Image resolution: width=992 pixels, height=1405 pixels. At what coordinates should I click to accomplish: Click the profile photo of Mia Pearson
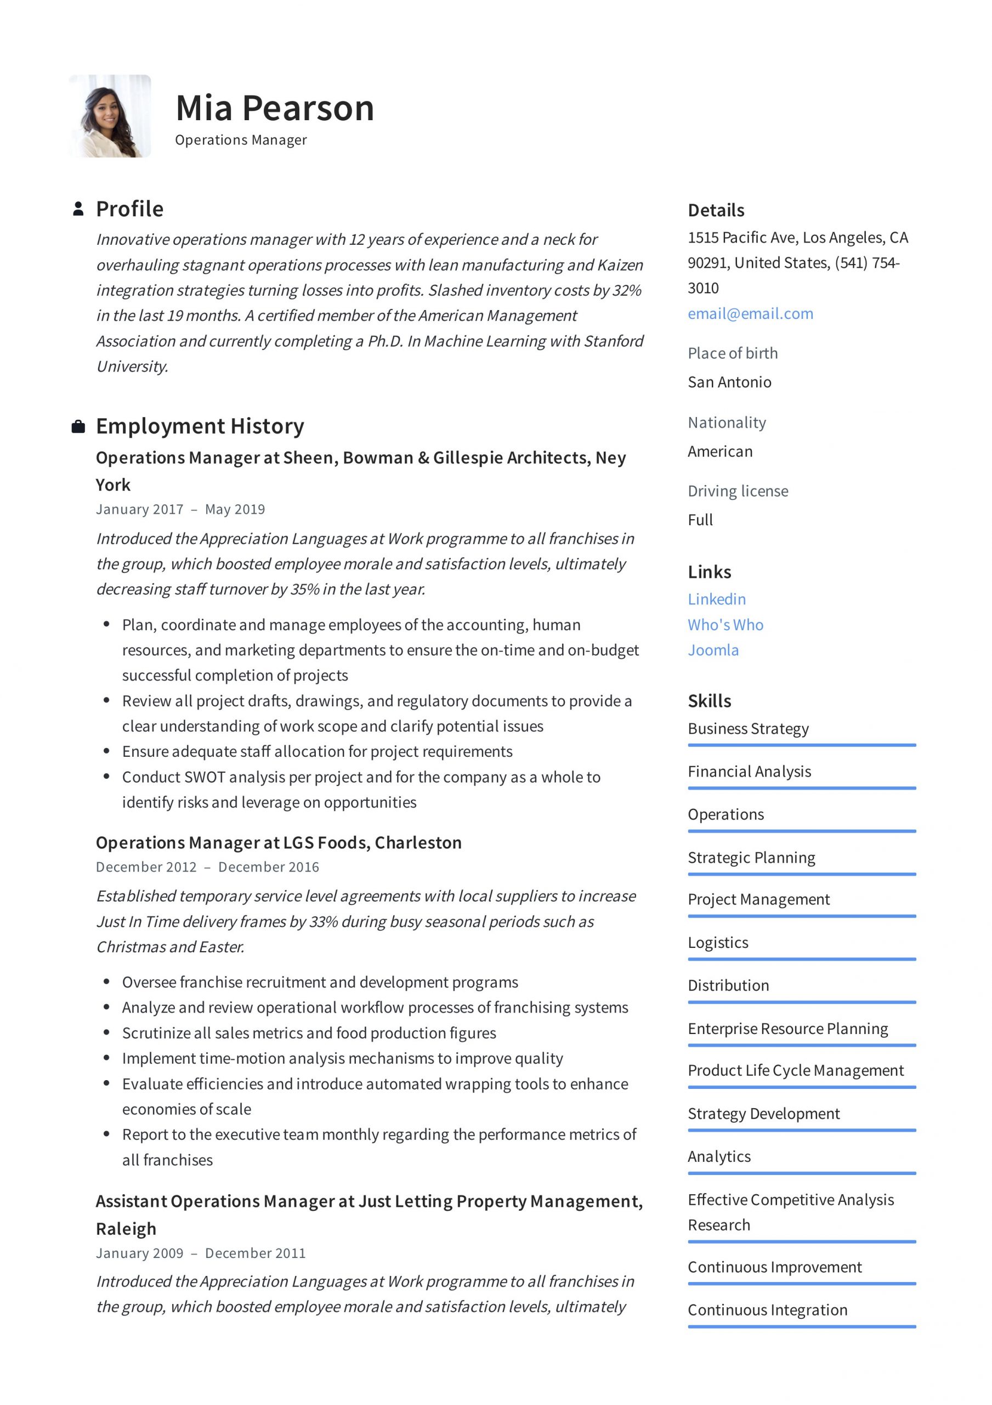(x=110, y=116)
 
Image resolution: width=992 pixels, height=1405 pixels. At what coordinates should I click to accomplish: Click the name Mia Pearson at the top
(x=275, y=108)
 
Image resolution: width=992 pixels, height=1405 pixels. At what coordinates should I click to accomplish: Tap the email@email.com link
(x=750, y=313)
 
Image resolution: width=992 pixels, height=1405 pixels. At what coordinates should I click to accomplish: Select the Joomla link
(x=712, y=650)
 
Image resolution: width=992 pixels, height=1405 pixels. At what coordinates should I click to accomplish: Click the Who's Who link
(x=725, y=624)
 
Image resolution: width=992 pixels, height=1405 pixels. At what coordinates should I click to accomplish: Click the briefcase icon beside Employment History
(x=78, y=426)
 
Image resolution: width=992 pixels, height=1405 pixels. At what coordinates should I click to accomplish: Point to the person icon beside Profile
(x=78, y=209)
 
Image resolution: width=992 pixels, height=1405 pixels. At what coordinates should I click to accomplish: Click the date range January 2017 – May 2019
(x=180, y=509)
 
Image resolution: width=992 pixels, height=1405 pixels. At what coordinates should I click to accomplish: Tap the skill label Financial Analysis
(x=749, y=771)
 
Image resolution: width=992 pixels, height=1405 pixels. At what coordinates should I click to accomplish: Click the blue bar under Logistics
(x=801, y=959)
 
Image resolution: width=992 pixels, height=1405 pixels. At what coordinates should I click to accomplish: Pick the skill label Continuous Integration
(x=767, y=1310)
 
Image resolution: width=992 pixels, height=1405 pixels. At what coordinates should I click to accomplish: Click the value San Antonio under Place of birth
(x=729, y=382)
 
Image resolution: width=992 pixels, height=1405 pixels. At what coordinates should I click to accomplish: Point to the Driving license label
(x=738, y=491)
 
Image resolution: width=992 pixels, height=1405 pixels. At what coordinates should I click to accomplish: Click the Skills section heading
(x=709, y=701)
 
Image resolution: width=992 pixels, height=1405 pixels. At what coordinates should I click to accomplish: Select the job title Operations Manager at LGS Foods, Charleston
(x=278, y=842)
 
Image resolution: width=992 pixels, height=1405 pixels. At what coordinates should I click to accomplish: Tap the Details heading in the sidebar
(x=716, y=211)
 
